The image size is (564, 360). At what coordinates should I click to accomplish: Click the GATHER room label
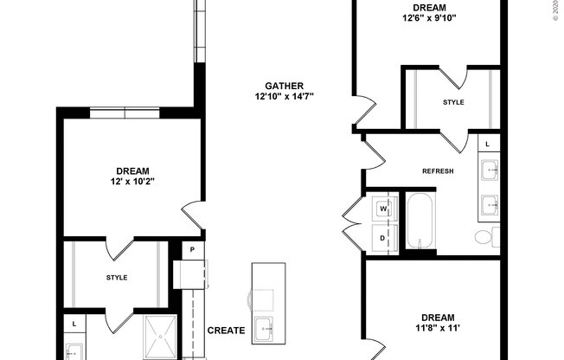click(283, 85)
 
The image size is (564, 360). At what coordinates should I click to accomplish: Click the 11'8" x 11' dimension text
click(437, 329)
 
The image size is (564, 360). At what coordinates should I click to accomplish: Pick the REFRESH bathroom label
click(438, 170)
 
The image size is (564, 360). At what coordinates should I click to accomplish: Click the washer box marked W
click(383, 209)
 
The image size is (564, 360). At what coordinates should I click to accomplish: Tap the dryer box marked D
click(383, 236)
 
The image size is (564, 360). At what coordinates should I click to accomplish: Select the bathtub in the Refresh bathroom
click(422, 222)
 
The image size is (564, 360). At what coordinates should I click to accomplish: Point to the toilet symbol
click(484, 236)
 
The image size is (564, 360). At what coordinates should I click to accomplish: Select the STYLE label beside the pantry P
click(117, 278)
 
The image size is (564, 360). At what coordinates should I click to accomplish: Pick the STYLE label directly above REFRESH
click(453, 102)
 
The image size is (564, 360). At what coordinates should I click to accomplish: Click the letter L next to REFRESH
click(487, 144)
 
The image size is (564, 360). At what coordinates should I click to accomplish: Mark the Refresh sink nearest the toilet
click(489, 205)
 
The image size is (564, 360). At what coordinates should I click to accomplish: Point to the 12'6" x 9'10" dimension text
click(429, 17)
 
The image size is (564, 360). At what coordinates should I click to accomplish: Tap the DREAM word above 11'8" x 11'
click(437, 317)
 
